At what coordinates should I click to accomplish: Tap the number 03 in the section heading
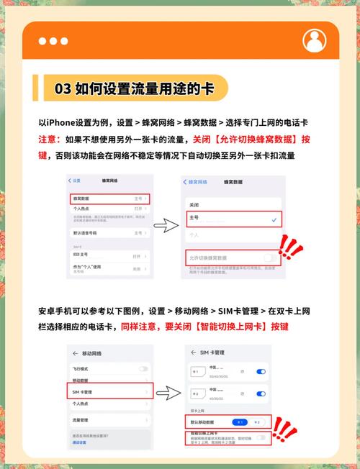tap(63, 89)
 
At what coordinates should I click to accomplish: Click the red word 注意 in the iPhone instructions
tap(52, 139)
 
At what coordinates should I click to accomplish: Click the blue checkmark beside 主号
tap(274, 219)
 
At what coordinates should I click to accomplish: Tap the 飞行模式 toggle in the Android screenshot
tap(144, 368)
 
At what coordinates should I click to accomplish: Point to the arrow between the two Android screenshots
tap(166, 393)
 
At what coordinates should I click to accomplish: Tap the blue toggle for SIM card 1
tap(261, 371)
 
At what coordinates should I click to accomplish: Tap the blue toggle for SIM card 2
tap(261, 395)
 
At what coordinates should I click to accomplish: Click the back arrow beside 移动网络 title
tap(76, 354)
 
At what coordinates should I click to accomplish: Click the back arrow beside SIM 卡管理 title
tap(188, 353)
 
